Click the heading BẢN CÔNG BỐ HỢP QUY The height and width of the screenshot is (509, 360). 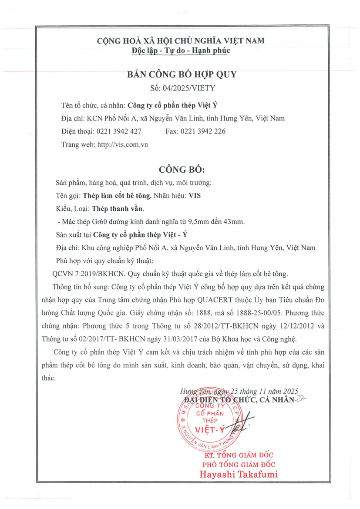[181, 74]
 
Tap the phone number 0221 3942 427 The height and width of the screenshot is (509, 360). [119, 131]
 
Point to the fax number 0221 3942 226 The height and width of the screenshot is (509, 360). [203, 131]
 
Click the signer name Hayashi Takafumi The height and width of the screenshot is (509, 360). [239, 474]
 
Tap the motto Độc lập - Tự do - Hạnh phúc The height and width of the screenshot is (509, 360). [181, 50]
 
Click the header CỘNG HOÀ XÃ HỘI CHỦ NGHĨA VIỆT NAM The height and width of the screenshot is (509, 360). [181, 41]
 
